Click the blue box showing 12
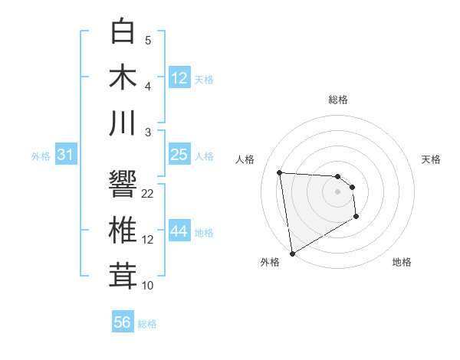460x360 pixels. point(179,77)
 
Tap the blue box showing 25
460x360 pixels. point(179,155)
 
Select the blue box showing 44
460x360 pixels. point(179,231)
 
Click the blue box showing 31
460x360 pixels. point(66,155)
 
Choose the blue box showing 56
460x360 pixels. point(123,322)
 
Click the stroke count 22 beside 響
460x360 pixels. point(148,194)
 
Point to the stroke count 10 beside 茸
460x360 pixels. point(148,286)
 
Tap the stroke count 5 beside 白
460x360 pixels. point(148,41)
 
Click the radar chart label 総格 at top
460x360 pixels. point(337,100)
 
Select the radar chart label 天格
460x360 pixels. point(432,159)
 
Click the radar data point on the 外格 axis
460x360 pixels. point(292,254)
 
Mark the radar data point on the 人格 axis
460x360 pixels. point(280,172)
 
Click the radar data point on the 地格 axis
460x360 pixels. point(356,218)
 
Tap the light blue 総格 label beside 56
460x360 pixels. point(147,324)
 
